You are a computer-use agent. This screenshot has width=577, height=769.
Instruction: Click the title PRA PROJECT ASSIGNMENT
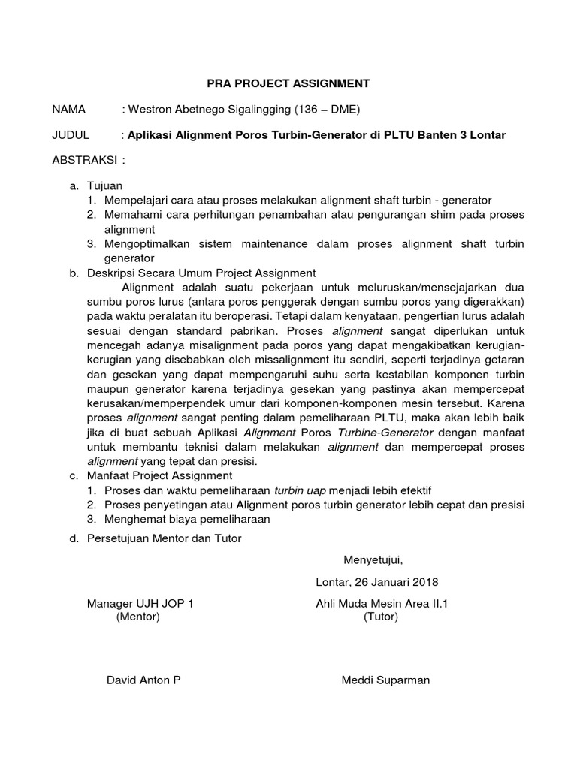(288, 83)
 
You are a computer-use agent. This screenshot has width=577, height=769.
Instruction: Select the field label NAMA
(70, 110)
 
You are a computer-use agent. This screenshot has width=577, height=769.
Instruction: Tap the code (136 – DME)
(328, 110)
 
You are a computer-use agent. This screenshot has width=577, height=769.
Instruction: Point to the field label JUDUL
(71, 135)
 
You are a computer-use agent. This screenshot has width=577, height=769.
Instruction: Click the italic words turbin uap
(301, 490)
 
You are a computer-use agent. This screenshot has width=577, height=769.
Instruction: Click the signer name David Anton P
(143, 680)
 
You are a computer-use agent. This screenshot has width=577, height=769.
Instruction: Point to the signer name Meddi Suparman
(385, 680)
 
